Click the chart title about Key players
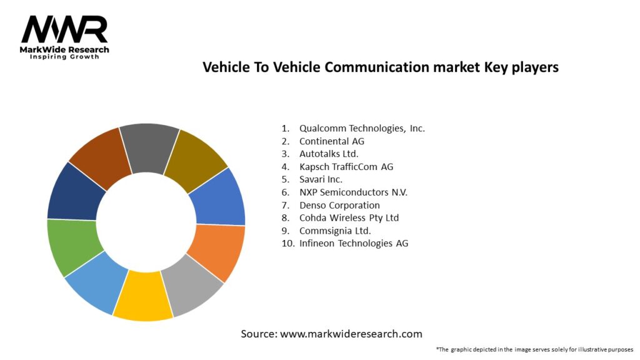click(x=380, y=67)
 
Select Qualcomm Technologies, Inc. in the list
click(x=361, y=128)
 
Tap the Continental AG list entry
click(x=331, y=141)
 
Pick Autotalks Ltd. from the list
click(x=329, y=154)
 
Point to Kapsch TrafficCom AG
click(x=346, y=167)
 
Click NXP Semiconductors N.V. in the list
click(x=353, y=192)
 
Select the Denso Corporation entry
click(x=339, y=205)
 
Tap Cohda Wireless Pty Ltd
click(x=349, y=218)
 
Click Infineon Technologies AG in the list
click(x=353, y=243)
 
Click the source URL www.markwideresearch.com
click(x=351, y=334)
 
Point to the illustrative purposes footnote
click(x=534, y=349)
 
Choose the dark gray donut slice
click(x=150, y=146)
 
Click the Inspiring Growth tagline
click(x=64, y=57)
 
